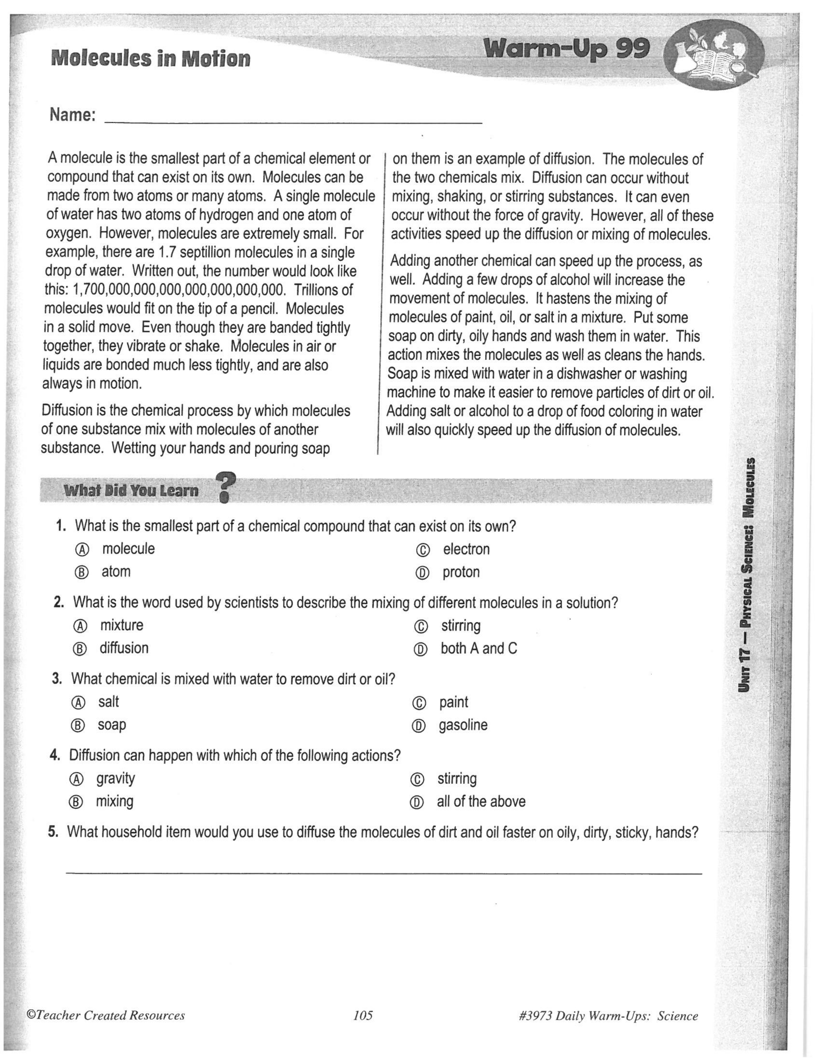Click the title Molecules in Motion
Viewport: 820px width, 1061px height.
150,59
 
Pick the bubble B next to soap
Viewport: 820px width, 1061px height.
78,726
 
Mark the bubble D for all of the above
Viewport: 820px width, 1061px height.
416,803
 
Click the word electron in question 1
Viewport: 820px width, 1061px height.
466,549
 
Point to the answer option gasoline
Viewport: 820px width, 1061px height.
463,725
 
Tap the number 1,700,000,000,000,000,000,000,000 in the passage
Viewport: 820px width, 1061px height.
178,290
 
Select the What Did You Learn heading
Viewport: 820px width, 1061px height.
131,491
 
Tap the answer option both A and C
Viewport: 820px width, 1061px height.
479,648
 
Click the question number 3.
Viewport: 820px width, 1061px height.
57,679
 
